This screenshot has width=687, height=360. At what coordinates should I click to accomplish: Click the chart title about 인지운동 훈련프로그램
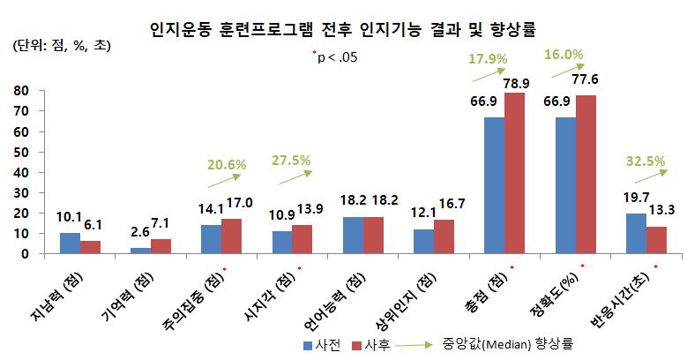[x=344, y=28]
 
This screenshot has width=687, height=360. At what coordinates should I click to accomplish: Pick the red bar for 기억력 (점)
[x=161, y=246]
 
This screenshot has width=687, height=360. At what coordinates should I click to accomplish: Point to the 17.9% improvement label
[x=494, y=59]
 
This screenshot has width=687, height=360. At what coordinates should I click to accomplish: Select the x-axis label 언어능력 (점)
[x=343, y=292]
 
